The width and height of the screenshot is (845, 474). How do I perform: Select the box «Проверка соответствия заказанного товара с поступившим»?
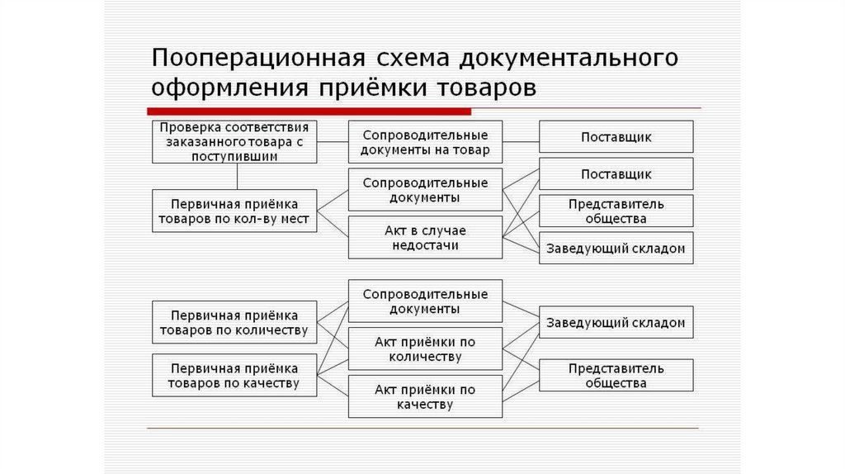tap(235, 141)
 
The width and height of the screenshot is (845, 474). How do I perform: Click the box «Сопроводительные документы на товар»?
tap(425, 142)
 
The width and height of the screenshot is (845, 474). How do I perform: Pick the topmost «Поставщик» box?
tap(616, 136)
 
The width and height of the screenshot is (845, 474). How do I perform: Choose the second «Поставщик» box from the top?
tap(616, 174)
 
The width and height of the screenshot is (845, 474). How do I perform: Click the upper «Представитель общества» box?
tap(616, 211)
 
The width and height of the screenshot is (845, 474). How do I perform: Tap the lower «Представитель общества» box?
tap(616, 376)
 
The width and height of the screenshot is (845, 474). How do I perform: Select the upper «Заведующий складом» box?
tap(616, 249)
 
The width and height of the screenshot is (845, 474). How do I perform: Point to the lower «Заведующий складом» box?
tap(616, 323)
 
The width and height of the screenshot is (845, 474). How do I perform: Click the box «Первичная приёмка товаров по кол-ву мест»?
tap(235, 211)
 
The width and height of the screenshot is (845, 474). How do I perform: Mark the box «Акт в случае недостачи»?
tap(425, 238)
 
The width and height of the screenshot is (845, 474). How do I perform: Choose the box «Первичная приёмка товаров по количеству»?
tap(235, 323)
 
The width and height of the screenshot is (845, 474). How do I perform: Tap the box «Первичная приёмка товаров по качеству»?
tap(235, 376)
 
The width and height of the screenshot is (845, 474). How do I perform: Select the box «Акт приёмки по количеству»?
tap(425, 349)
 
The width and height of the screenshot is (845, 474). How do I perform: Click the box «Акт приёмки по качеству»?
tap(425, 397)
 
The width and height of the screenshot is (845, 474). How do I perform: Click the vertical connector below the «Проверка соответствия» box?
tap(238, 176)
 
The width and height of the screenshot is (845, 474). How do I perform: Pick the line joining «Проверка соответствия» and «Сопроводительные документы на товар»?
tap(333, 141)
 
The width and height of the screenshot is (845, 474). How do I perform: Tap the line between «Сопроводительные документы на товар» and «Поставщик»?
tap(521, 141)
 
